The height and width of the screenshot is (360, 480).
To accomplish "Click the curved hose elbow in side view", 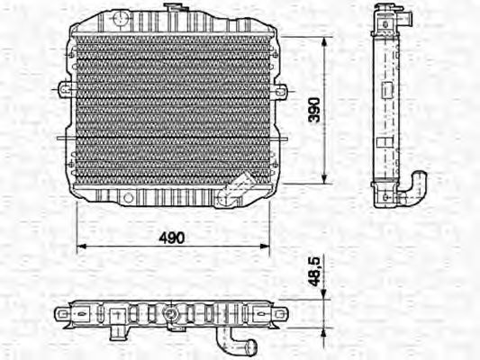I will pos(416,186).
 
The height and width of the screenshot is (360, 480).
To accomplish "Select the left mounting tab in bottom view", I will pos(63,314).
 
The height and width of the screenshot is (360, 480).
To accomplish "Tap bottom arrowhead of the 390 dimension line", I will pos(324,176).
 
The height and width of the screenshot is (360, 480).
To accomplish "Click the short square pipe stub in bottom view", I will pos(117,317).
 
